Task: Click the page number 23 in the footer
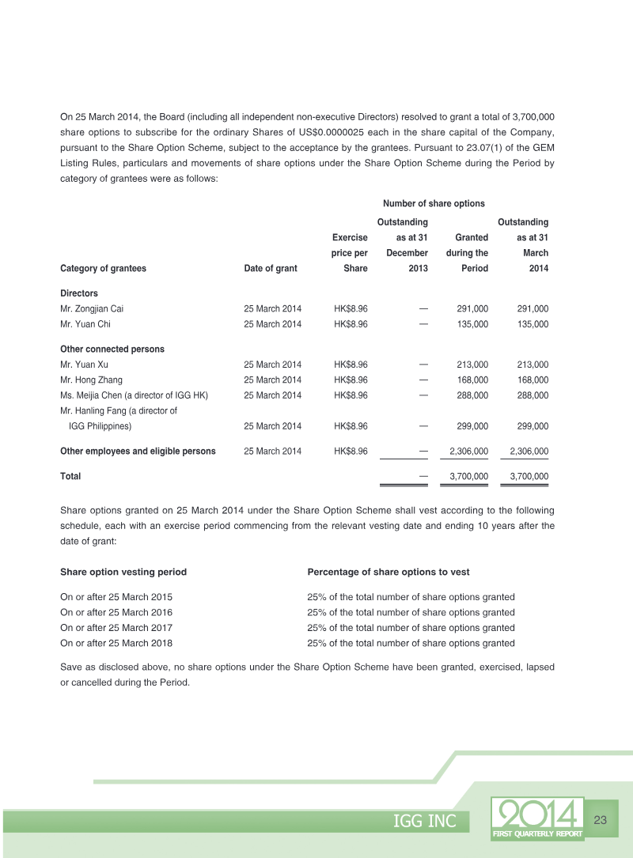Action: tap(600, 820)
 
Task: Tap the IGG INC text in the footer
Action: tap(425, 822)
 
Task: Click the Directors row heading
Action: tap(79, 293)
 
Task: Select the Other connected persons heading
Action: tap(112, 349)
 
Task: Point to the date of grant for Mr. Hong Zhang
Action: tap(272, 380)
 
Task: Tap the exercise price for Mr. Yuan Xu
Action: tap(351, 365)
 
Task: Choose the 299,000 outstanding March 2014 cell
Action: tap(533, 426)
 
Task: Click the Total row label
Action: tap(70, 476)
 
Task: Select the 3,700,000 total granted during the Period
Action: tap(468, 476)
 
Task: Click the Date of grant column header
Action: tap(271, 268)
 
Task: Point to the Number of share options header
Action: tap(434, 204)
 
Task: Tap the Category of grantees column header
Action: tap(103, 268)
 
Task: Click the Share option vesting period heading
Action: tap(123, 572)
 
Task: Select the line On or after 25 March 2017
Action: tap(116, 628)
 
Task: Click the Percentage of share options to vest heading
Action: tap(389, 572)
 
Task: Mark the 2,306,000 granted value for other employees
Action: tap(468, 451)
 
